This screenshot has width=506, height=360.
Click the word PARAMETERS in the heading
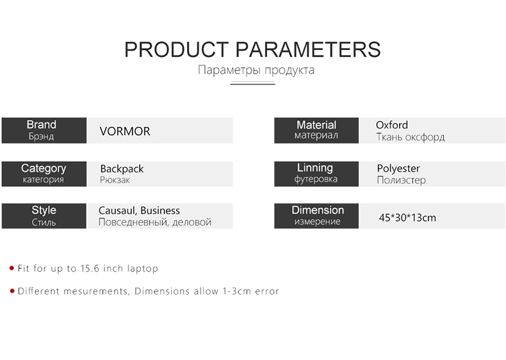click(308, 50)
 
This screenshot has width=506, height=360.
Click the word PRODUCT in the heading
click(177, 50)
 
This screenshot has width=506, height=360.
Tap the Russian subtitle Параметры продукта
click(256, 70)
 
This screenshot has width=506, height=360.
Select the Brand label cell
click(44, 131)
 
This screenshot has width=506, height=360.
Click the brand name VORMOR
click(125, 131)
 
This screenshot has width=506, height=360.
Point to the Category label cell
click(44, 174)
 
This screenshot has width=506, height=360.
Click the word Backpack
click(122, 169)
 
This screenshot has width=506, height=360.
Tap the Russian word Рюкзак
click(115, 180)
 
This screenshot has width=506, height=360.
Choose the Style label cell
click(44, 216)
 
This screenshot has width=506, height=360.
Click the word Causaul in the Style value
click(118, 211)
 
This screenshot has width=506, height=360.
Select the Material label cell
click(316, 131)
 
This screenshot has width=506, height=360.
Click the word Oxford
click(392, 125)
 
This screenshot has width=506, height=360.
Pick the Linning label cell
click(316, 174)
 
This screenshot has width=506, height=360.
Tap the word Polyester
click(398, 168)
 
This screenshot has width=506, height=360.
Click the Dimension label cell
click(316, 216)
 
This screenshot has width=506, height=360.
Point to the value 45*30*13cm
click(407, 218)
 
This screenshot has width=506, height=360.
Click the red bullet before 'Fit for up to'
click(12, 268)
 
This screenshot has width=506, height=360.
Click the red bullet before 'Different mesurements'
click(12, 291)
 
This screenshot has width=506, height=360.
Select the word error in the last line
click(267, 291)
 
